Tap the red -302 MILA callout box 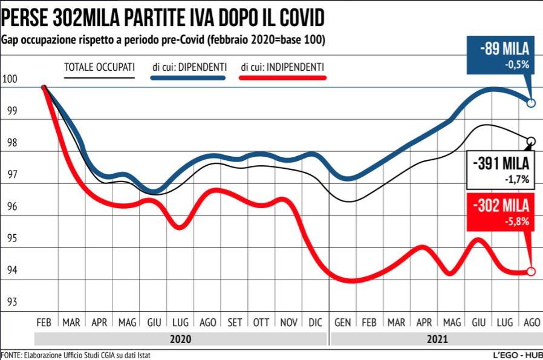point(500,212)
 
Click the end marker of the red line point(531,271)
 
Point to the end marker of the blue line point(532,103)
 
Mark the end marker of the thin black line point(532,142)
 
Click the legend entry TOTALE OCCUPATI point(99,67)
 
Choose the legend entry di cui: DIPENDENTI point(189,67)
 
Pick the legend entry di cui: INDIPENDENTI point(282,67)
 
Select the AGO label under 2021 point(530,323)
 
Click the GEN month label point(343,323)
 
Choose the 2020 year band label point(180,339)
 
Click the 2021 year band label point(437,339)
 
